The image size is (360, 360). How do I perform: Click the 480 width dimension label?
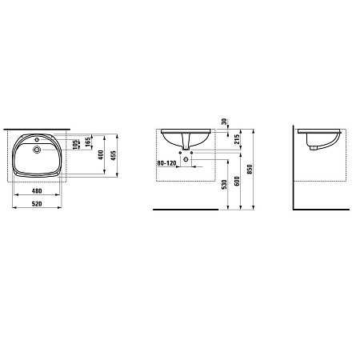(37, 191)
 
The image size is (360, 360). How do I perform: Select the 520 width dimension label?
(37, 204)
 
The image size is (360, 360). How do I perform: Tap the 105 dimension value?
(76, 145)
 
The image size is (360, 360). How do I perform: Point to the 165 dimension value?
(88, 142)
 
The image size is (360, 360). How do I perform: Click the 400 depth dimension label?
(101, 155)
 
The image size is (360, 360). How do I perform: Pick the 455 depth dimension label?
(114, 155)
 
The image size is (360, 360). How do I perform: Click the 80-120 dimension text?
(166, 163)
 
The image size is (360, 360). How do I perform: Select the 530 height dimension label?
(224, 185)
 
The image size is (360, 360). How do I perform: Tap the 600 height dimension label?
(237, 181)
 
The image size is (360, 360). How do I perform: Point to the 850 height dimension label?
(250, 170)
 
